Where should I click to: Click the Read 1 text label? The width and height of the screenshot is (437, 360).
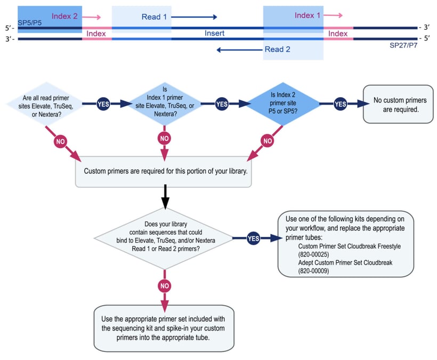pos(154,17)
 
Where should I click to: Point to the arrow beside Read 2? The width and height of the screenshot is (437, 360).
pos(239,50)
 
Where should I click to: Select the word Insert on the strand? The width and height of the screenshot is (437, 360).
pos(214,33)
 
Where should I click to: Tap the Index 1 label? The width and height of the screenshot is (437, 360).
pos(307,15)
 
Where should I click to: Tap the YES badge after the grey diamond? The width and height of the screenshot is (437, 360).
pos(254,238)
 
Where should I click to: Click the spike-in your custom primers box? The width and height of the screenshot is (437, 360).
pos(164,328)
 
